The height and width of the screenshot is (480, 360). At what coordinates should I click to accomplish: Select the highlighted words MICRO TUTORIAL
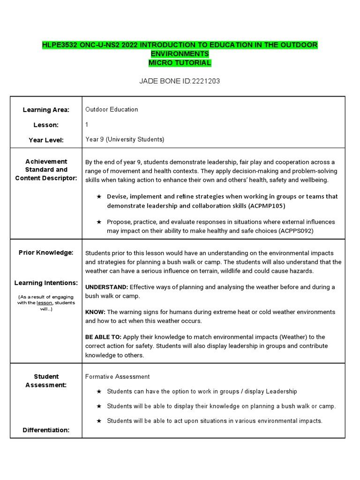click(x=180, y=63)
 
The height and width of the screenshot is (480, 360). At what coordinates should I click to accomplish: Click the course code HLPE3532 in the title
click(x=60, y=45)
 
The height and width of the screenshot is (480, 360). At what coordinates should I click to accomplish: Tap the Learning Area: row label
click(x=46, y=110)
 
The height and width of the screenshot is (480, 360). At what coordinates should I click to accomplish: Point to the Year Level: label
click(x=46, y=140)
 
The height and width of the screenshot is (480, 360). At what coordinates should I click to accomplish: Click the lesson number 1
click(x=87, y=125)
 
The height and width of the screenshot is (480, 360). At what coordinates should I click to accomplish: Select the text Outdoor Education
click(x=112, y=110)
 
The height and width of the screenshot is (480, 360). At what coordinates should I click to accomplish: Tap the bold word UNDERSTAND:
click(x=106, y=287)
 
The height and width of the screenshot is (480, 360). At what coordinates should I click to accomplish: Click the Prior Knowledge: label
click(x=46, y=253)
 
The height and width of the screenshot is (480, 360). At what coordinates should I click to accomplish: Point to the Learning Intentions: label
click(x=46, y=283)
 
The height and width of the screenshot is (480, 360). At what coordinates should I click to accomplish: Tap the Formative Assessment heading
click(x=117, y=376)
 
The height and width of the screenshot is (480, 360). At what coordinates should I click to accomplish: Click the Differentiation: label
click(x=46, y=430)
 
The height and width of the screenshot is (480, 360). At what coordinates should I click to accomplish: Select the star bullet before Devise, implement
click(x=99, y=196)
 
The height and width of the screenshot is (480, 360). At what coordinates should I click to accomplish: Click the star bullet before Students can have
click(x=99, y=391)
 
